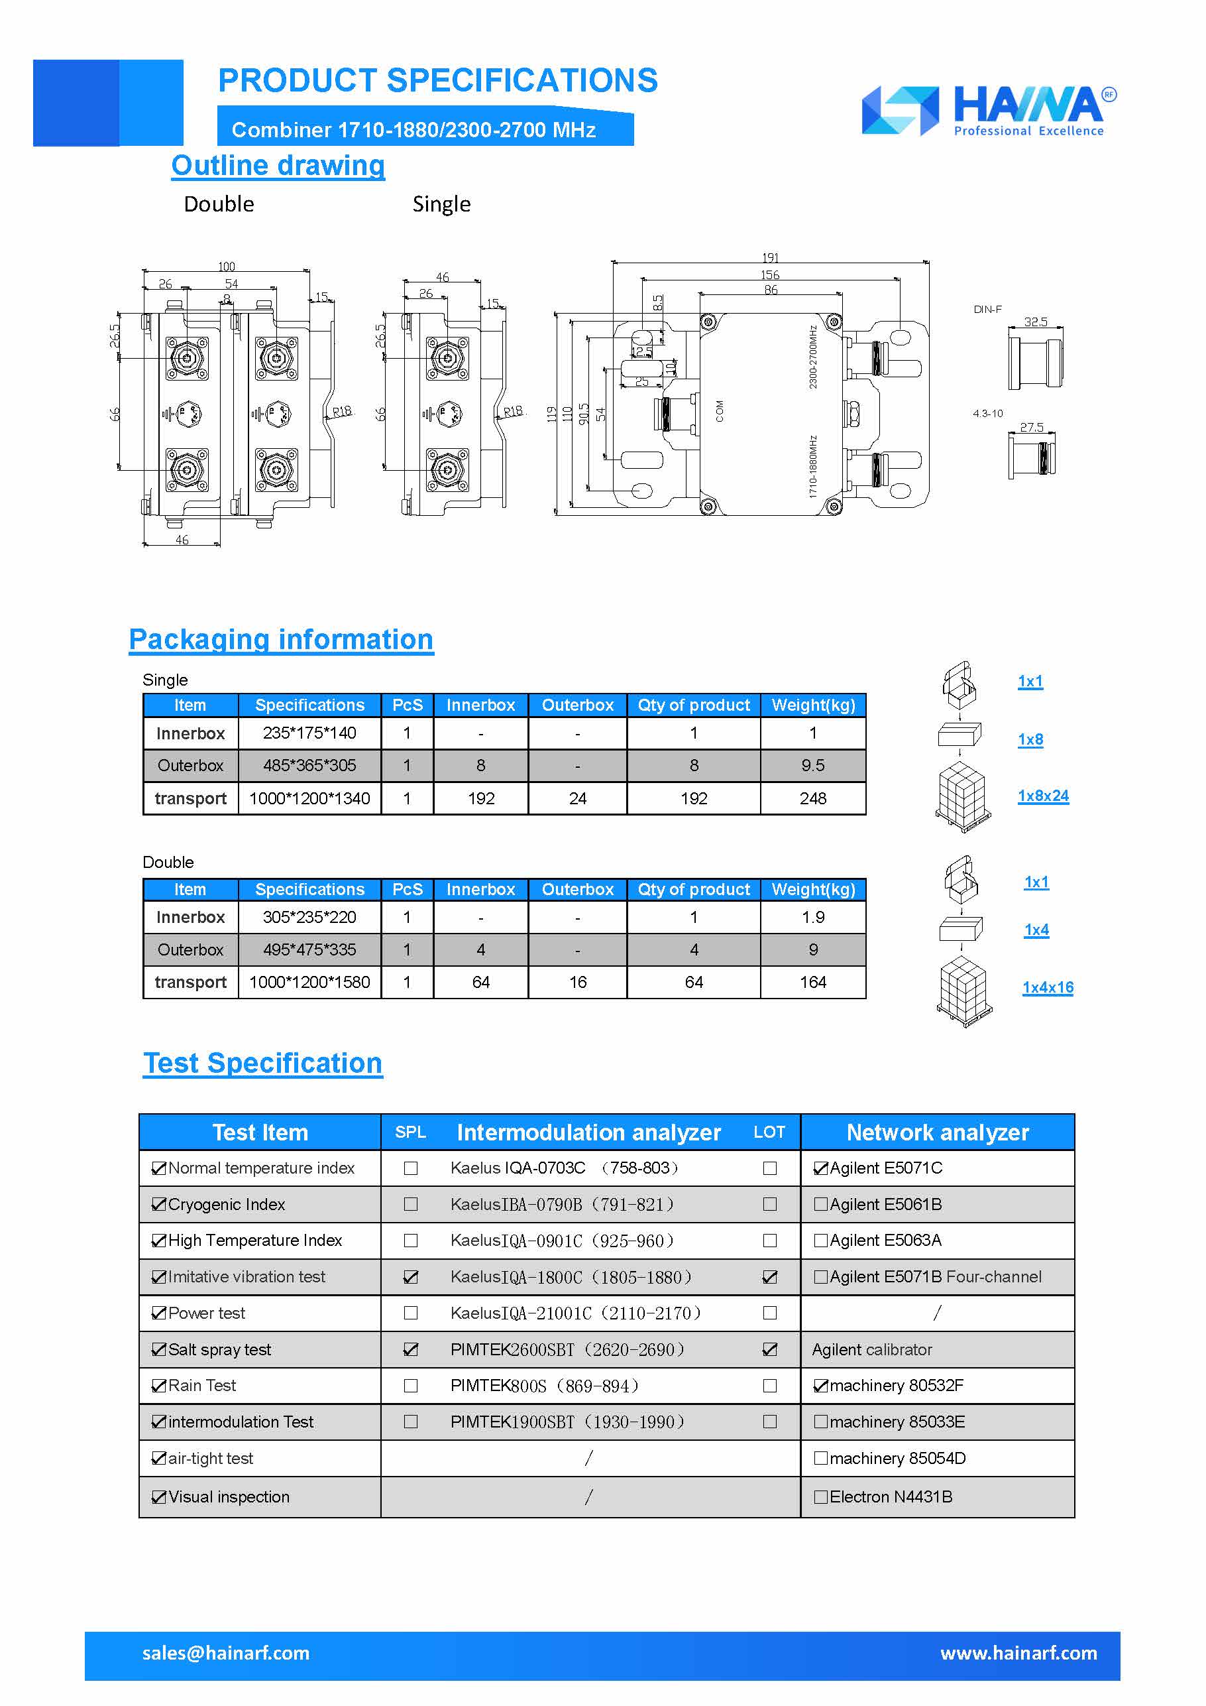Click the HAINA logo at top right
click(989, 111)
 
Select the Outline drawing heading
click(278, 166)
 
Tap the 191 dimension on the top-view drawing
click(770, 258)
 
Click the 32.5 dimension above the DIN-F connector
click(1035, 322)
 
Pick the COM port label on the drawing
click(719, 411)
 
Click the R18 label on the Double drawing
click(342, 411)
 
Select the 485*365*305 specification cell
click(309, 765)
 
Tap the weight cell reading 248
click(812, 798)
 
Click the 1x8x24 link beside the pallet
click(1042, 796)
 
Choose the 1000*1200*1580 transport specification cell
click(309, 982)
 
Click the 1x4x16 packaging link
click(1047, 987)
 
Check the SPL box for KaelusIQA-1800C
click(411, 1277)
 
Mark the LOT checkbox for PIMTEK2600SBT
click(769, 1349)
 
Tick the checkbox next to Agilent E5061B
click(820, 1205)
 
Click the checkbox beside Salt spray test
click(158, 1349)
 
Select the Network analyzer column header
click(937, 1132)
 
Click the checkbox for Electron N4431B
click(820, 1497)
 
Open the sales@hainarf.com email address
click(226, 1653)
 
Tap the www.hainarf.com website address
click(1018, 1653)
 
